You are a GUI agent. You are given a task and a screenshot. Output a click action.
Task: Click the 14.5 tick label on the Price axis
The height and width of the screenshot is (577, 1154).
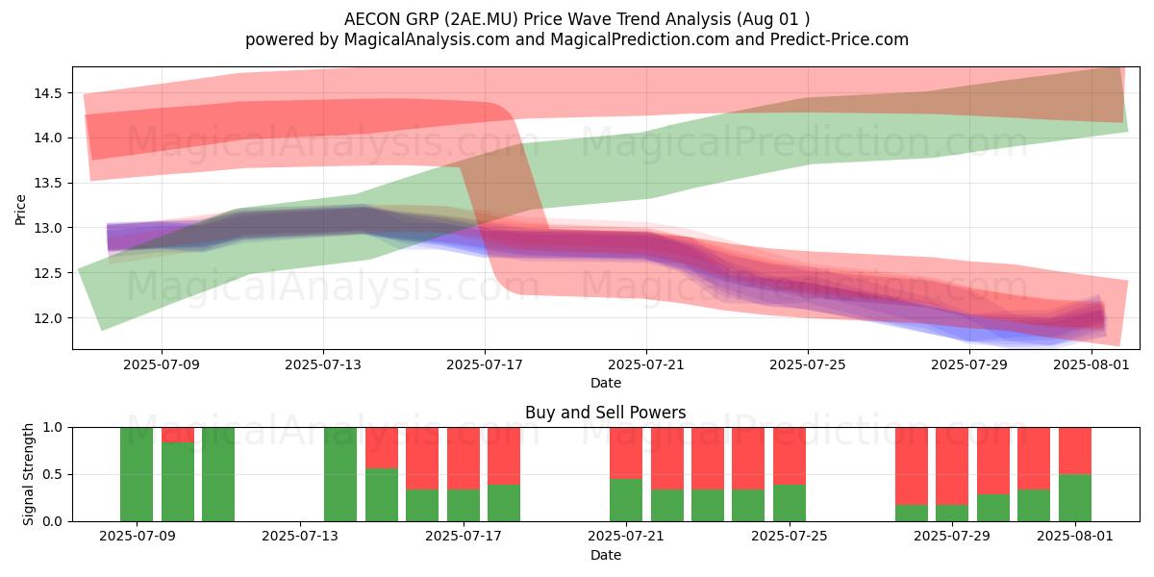point(48,93)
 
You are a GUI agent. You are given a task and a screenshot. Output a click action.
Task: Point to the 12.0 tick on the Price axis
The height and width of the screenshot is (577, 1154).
point(48,318)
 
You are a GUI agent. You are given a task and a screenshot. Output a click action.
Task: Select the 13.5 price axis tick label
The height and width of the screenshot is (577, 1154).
point(48,184)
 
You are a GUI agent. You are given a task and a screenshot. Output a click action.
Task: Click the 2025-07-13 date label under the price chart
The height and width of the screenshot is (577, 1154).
point(323,364)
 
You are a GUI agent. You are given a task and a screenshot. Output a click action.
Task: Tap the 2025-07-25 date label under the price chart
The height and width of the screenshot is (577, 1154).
point(807,364)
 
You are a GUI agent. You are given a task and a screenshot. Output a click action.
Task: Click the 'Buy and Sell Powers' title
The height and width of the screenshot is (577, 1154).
point(605,413)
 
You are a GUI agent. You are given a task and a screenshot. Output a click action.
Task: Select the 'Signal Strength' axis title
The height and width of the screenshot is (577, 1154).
point(28,474)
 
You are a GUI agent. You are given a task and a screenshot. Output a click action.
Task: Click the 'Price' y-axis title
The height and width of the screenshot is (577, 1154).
point(20,210)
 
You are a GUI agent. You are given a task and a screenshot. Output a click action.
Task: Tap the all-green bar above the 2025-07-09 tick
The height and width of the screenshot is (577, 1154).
point(137,474)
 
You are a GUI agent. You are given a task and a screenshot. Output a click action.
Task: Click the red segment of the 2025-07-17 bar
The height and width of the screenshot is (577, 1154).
point(464,459)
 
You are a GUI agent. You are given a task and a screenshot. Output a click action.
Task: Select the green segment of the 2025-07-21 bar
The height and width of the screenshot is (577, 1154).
point(626,500)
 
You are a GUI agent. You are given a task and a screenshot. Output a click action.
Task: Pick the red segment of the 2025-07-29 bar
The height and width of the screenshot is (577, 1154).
point(952,466)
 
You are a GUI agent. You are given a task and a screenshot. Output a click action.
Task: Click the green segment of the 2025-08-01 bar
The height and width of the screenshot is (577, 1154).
point(1075,498)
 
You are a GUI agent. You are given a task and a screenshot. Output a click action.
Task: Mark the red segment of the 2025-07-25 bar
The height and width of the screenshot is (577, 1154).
point(790,456)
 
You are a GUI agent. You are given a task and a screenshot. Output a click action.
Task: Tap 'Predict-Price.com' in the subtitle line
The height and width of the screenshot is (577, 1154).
point(840,39)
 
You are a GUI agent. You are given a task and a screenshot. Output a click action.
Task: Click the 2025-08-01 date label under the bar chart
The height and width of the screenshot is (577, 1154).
point(1075,537)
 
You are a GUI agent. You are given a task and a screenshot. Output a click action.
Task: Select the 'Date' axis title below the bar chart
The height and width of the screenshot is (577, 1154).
point(605,556)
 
